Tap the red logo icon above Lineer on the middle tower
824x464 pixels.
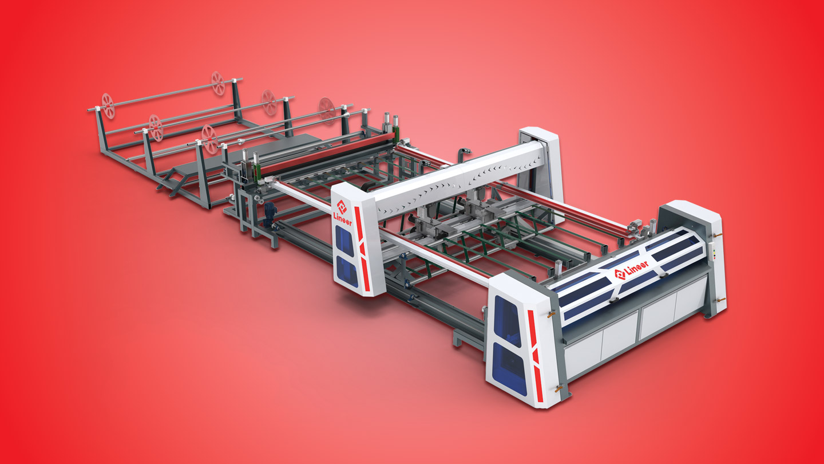pos(342,207)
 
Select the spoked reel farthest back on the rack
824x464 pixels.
pos(218,83)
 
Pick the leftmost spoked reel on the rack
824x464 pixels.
pos(108,105)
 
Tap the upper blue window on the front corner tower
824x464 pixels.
pos(508,320)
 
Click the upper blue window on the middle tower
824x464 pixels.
pos(344,241)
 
